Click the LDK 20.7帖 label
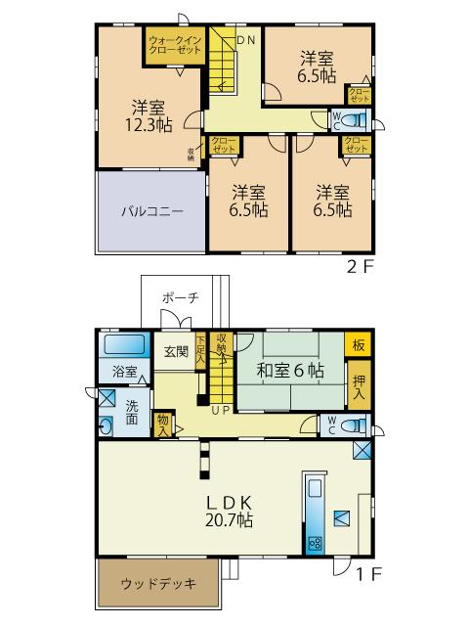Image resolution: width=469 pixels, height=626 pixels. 230,511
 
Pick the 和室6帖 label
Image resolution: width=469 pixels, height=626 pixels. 290,370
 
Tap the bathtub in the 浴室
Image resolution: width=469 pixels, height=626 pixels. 123,345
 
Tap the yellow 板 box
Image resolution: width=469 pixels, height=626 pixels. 359,344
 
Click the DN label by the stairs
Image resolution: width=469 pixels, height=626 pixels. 245,39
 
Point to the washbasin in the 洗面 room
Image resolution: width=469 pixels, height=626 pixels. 106,425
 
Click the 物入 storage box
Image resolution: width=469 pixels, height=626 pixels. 163,425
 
